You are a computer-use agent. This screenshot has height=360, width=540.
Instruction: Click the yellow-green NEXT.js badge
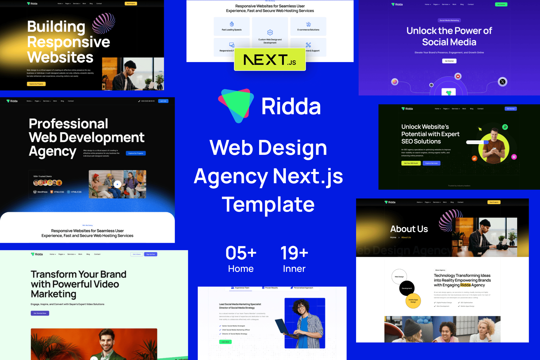pyautogui.click(x=270, y=59)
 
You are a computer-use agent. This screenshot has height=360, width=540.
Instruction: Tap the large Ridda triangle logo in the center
pyautogui.click(x=236, y=106)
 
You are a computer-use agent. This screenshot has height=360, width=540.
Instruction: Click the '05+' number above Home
pyautogui.click(x=241, y=253)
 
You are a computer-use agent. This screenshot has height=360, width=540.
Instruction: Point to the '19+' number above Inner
pyautogui.click(x=294, y=253)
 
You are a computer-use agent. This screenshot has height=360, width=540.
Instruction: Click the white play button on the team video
pyautogui.click(x=117, y=184)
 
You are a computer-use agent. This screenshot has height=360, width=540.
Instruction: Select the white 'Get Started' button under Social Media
pyautogui.click(x=449, y=61)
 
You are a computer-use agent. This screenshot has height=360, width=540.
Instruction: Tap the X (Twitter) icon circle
pyautogui.click(x=502, y=82)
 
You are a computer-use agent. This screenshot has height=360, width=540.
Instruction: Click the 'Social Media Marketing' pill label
pyautogui.click(x=449, y=20)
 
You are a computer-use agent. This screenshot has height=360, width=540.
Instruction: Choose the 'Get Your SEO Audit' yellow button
pyautogui.click(x=411, y=163)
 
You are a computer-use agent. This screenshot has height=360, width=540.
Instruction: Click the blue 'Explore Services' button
pyautogui.click(x=431, y=163)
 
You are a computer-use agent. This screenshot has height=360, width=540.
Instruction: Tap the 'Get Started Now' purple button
pyautogui.click(x=40, y=313)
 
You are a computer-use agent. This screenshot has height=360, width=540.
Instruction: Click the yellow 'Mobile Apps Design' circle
pyautogui.click(x=413, y=301)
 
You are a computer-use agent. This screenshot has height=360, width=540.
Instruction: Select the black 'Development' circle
pyautogui.click(x=407, y=288)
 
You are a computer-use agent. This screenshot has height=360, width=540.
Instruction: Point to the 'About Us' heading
pyautogui.click(x=409, y=229)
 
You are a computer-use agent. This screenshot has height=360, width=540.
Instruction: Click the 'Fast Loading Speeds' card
pyautogui.click(x=232, y=26)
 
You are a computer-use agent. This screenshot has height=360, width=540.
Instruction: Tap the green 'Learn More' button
pyautogui.click(x=225, y=342)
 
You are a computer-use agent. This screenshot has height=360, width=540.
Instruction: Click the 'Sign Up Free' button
pyautogui.click(x=151, y=254)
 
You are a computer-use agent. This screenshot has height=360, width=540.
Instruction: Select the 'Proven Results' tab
pyautogui.click(x=270, y=288)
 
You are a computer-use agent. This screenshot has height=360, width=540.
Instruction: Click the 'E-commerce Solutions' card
pyautogui.click(x=308, y=26)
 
